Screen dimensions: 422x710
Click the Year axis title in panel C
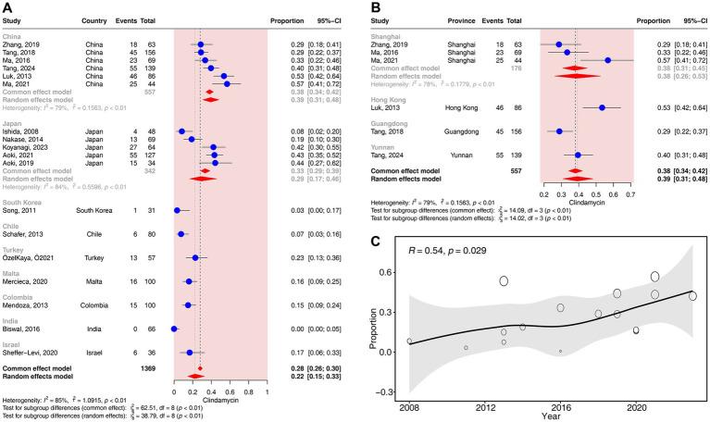(x=551, y=416)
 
